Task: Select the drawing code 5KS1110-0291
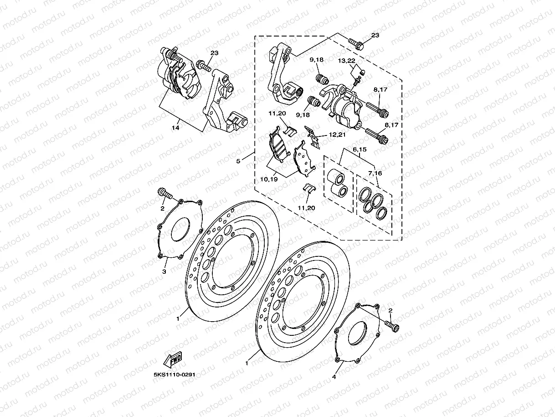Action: [175, 375]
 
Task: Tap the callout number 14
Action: [175, 128]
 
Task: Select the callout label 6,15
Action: [360, 149]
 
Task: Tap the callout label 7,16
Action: [375, 173]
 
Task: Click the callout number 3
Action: [164, 271]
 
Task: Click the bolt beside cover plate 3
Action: [164, 193]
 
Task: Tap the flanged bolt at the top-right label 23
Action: [356, 44]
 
